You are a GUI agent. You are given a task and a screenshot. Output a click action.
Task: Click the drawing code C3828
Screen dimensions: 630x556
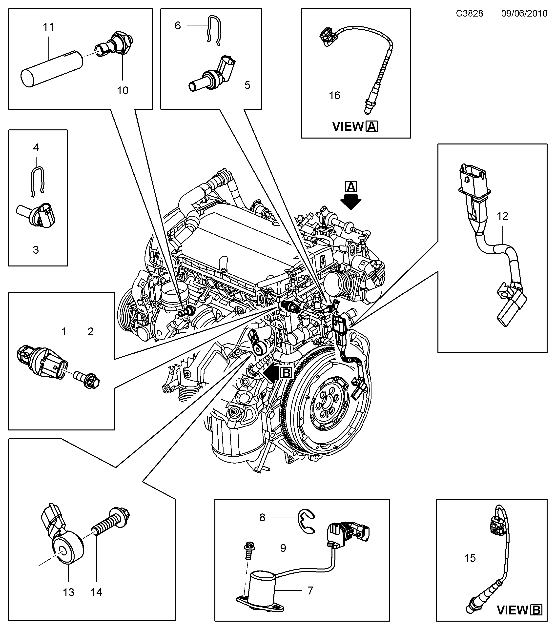point(469,14)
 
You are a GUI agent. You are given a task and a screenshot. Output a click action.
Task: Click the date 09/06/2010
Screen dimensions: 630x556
point(524,14)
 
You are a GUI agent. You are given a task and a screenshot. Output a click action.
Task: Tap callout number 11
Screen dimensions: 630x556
point(48,27)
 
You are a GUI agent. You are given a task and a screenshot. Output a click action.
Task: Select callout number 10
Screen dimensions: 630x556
point(123,90)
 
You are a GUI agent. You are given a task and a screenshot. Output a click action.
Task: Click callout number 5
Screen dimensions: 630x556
point(247,85)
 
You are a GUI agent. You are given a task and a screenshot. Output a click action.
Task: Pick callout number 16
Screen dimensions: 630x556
point(334,96)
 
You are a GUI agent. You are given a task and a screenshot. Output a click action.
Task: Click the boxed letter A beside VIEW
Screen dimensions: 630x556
point(372,127)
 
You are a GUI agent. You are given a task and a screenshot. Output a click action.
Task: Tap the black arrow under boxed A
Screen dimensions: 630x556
point(350,202)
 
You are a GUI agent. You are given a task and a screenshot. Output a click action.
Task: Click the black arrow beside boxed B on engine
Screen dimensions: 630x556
point(271,373)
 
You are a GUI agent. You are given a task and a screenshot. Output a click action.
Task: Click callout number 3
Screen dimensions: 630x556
point(36,250)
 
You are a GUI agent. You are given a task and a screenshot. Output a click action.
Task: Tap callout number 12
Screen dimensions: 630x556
point(502,216)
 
